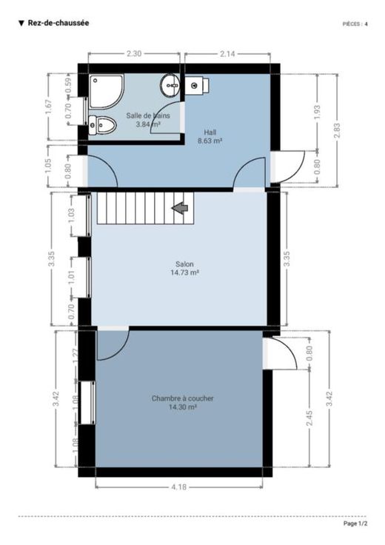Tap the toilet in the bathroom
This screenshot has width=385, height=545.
click(x=102, y=125)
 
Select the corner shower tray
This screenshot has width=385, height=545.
click(x=107, y=92)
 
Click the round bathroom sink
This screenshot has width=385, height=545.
click(x=170, y=85)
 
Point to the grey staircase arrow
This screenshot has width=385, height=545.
click(x=180, y=208)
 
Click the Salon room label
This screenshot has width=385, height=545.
click(x=184, y=264)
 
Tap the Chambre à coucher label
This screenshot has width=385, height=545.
click(x=182, y=398)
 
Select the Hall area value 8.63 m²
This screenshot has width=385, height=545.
click(x=210, y=141)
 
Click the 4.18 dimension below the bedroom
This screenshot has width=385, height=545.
click(x=178, y=487)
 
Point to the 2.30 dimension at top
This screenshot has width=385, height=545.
click(x=134, y=54)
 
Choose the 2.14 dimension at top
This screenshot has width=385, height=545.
click(x=227, y=54)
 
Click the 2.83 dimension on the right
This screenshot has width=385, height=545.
click(x=337, y=130)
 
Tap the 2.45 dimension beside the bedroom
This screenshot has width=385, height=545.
click(x=309, y=418)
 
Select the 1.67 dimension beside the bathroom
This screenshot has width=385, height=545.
click(x=48, y=107)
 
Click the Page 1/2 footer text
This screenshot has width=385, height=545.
click(x=355, y=524)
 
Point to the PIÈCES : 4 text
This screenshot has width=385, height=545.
click(x=355, y=24)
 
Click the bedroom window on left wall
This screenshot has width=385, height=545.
click(x=87, y=403)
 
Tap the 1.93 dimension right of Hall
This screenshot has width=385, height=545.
click(x=317, y=113)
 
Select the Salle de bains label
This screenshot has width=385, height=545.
click(x=148, y=116)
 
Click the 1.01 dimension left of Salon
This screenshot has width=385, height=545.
click(x=72, y=277)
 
